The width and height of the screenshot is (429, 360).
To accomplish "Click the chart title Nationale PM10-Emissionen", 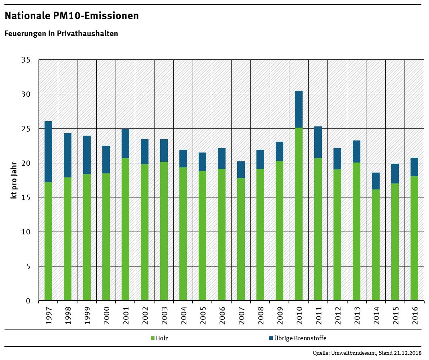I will click(72, 16).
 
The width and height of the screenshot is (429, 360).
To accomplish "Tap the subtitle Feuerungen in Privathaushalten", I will click(61, 34).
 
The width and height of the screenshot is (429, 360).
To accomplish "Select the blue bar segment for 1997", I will click(48, 152).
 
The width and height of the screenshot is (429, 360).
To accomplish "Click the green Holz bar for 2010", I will click(299, 214).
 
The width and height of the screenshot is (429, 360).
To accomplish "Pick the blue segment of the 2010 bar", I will click(299, 109).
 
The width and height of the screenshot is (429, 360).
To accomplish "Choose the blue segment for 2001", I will click(125, 143).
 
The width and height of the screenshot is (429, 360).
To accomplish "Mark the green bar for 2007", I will click(241, 239).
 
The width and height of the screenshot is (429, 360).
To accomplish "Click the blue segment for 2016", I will click(414, 167).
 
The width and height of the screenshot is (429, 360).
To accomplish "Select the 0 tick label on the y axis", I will click(28, 301).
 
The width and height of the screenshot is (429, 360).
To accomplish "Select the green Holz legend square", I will click(152, 338).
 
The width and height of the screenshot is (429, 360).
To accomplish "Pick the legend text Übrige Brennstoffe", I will click(301, 338).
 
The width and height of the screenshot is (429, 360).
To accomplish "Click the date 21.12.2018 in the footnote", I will click(408, 353).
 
